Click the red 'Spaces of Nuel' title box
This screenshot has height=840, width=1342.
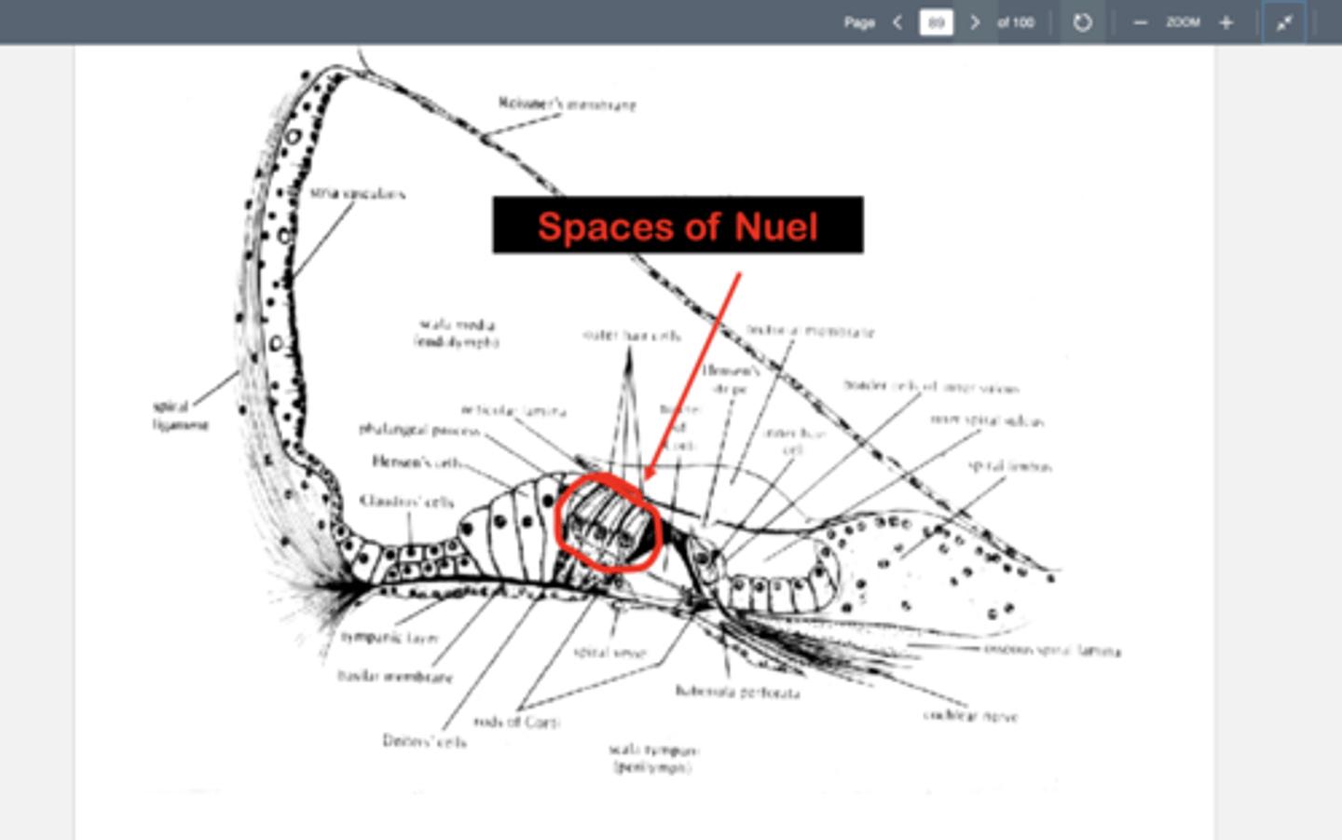(678, 226)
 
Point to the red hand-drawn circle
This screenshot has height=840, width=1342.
(608, 522)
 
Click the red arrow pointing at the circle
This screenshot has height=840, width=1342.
(694, 373)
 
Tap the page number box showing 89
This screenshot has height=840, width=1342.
(936, 22)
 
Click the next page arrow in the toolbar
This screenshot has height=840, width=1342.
(975, 22)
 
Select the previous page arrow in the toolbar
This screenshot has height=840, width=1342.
(897, 22)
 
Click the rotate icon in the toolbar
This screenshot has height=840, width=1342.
(1082, 22)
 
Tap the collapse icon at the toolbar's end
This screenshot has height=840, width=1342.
(1284, 22)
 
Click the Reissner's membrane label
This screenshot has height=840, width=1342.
(567, 103)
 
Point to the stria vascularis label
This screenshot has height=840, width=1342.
(358, 194)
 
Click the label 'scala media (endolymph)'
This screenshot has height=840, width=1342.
(457, 333)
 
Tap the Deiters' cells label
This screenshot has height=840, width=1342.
(424, 741)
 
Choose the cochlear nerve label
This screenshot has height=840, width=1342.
(970, 716)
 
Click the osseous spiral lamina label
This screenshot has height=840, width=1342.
(1052, 650)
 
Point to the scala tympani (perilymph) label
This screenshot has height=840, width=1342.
(654, 758)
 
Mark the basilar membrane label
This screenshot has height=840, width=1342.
(395, 676)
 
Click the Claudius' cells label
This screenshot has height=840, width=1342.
(407, 502)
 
